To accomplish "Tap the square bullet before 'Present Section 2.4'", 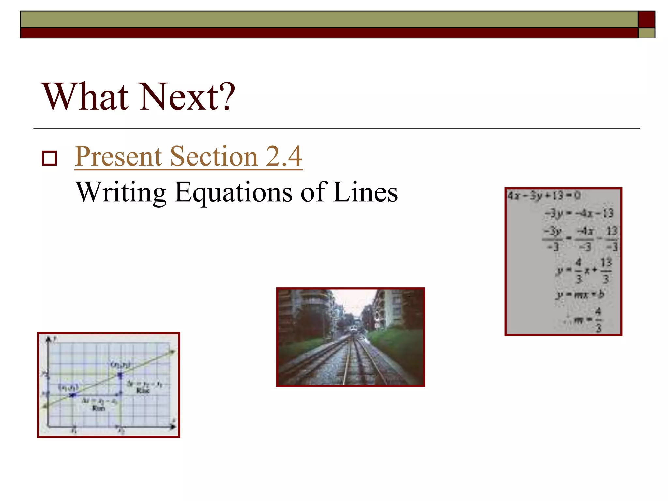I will [49, 158].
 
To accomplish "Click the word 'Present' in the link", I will [119, 156].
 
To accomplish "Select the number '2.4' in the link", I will [284, 156].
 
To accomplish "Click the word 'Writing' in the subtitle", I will [121, 192].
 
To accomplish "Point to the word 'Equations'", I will [234, 192].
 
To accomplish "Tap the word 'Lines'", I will [365, 192].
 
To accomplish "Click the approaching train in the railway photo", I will [353, 329].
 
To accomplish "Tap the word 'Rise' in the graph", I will [143, 390].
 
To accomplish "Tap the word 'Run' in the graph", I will [98, 408].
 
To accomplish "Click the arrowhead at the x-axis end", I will [173, 426].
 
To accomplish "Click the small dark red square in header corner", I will [646, 20].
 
